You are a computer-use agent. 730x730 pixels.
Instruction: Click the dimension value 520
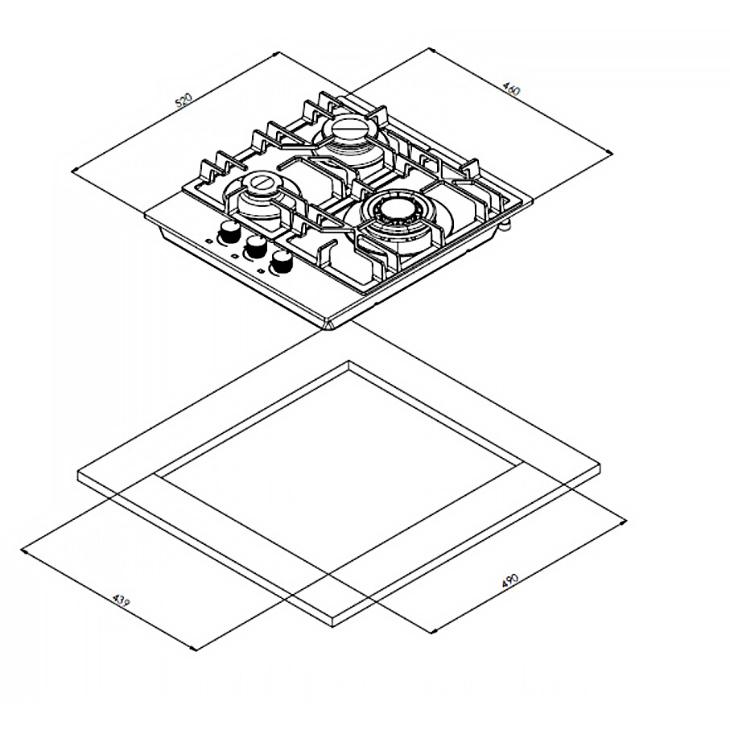(184, 101)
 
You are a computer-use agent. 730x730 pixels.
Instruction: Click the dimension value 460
(512, 89)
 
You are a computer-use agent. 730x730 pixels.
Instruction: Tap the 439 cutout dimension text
(122, 600)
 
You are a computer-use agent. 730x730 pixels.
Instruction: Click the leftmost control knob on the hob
(229, 231)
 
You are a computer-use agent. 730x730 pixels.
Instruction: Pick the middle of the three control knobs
(256, 247)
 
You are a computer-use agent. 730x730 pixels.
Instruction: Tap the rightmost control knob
(282, 262)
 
